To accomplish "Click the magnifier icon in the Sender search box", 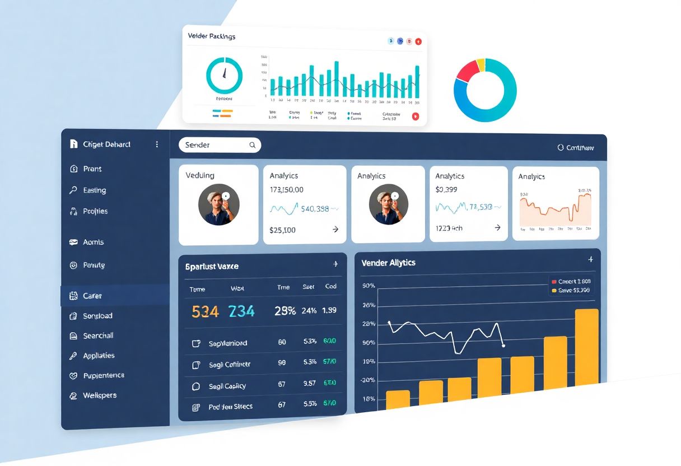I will coord(253,145).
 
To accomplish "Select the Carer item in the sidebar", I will coord(92,296).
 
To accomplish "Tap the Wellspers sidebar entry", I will coord(100,395).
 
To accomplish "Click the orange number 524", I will coord(205,311).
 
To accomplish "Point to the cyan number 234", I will coord(241,311).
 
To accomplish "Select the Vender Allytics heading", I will coord(388,263).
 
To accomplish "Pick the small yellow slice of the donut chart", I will coord(481,64).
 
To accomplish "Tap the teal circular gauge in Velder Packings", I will coord(224,75).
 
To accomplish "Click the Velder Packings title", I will coord(212,36).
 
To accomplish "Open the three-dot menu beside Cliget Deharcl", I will coord(157,145).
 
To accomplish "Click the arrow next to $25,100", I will coord(335,230).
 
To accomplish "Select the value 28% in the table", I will coord(285,311).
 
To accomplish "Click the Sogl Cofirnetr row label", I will coord(229,365).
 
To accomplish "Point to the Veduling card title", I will coord(200,175).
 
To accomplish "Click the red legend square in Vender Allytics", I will coord(554,282).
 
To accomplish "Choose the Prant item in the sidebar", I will coord(92,169).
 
